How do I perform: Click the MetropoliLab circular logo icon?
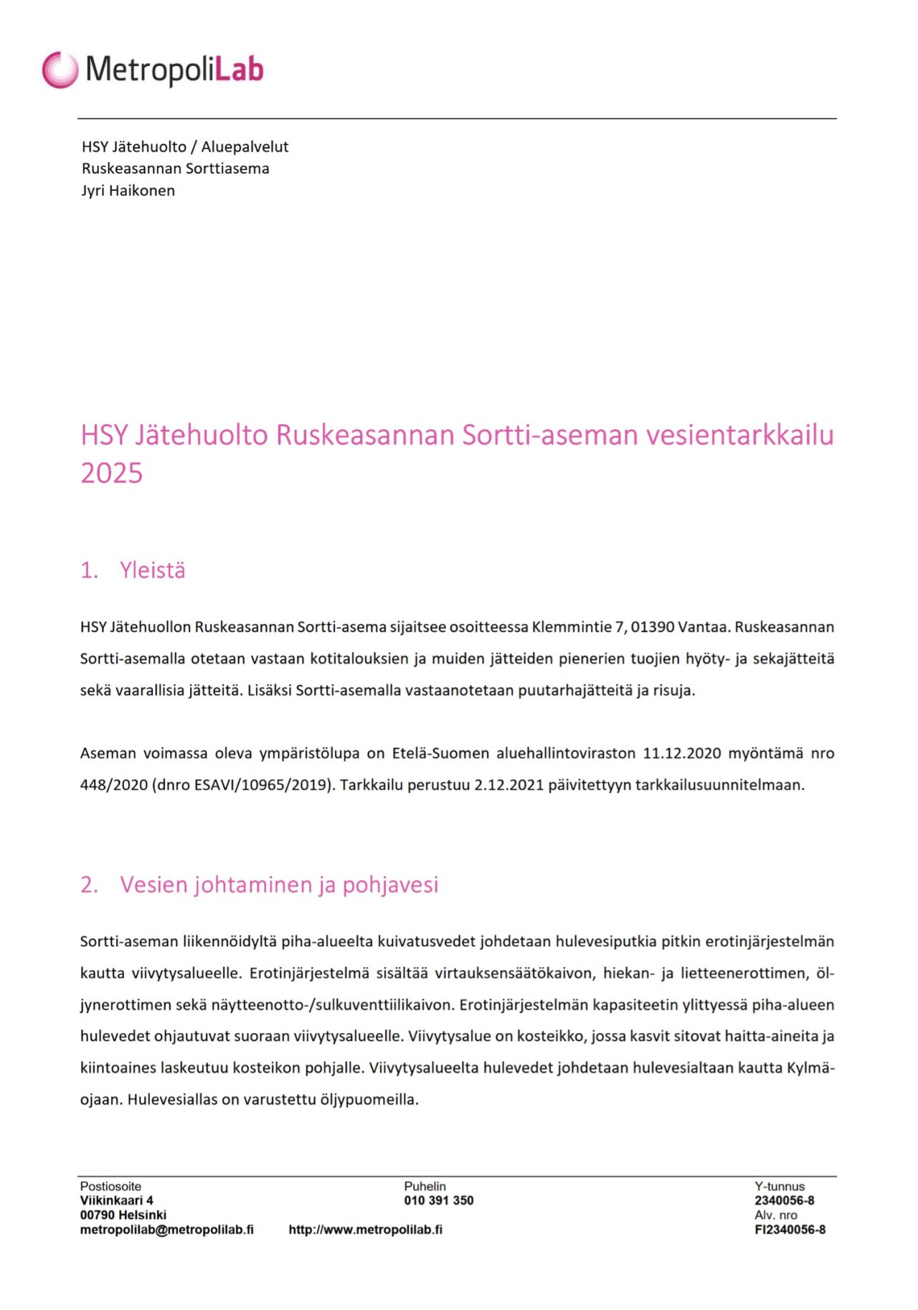pyautogui.click(x=60, y=70)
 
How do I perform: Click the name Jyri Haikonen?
pyautogui.click(x=128, y=191)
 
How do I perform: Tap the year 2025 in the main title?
pyautogui.click(x=111, y=473)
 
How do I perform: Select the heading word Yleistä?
pyautogui.click(x=153, y=570)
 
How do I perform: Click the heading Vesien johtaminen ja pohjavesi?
pyautogui.click(x=279, y=885)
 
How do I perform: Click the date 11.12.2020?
pyautogui.click(x=681, y=753)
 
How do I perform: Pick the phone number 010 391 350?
pyautogui.click(x=438, y=1200)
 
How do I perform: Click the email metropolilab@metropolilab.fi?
pyautogui.click(x=166, y=1229)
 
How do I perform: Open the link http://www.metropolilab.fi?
pyautogui.click(x=365, y=1229)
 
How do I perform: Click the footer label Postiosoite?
pyautogui.click(x=110, y=1186)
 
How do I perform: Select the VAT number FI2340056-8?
pyautogui.click(x=790, y=1229)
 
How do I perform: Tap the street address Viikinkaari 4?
pyautogui.click(x=116, y=1200)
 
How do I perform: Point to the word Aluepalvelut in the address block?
pyautogui.click(x=245, y=147)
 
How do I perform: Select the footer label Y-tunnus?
pyautogui.click(x=779, y=1186)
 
